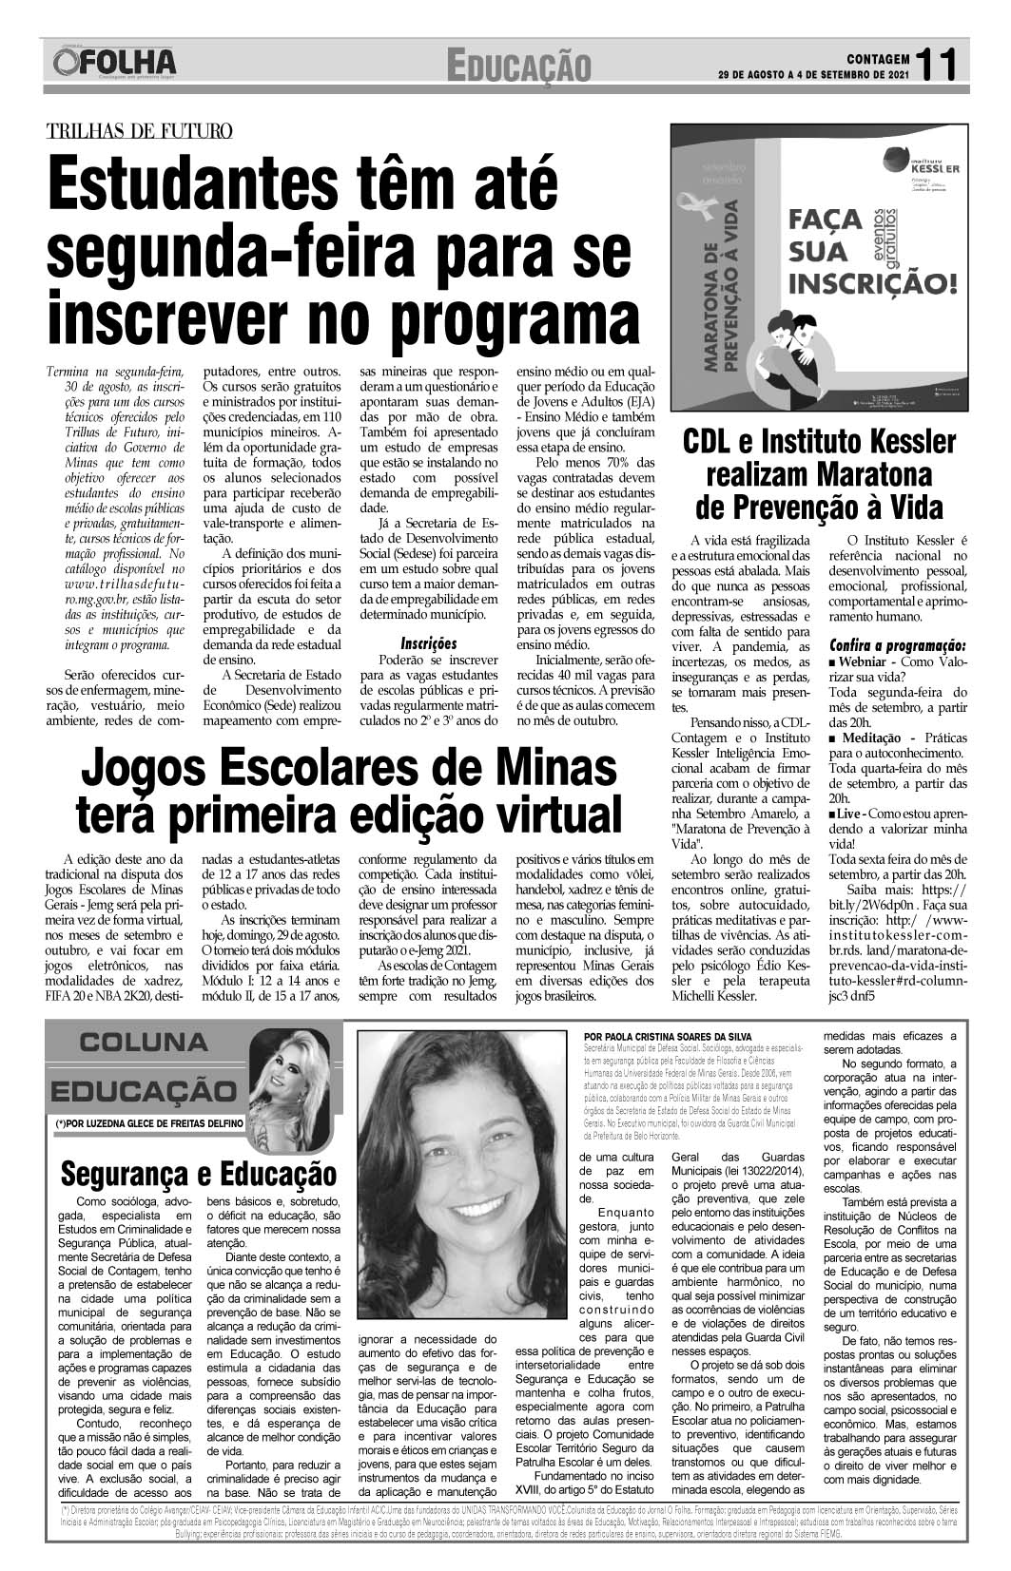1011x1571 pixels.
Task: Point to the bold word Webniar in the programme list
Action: [866, 661]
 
